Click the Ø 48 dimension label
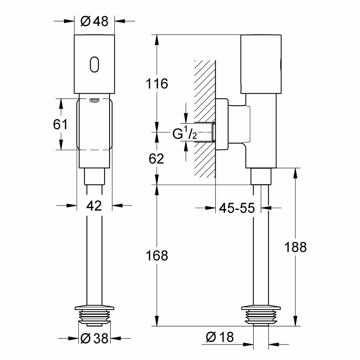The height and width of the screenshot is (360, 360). point(94,22)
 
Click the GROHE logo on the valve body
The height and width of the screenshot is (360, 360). point(94,99)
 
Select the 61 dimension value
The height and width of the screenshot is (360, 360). point(60,125)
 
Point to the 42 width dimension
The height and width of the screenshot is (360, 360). point(94,206)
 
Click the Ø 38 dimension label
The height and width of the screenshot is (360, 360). point(94,338)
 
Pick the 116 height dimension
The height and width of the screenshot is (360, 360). point(157,84)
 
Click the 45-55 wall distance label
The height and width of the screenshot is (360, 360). point(237,208)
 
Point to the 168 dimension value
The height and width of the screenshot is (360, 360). point(157,256)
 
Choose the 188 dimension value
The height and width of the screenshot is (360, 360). point(295,247)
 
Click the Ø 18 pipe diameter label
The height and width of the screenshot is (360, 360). point(220,337)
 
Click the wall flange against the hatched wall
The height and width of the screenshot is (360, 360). point(222,124)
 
